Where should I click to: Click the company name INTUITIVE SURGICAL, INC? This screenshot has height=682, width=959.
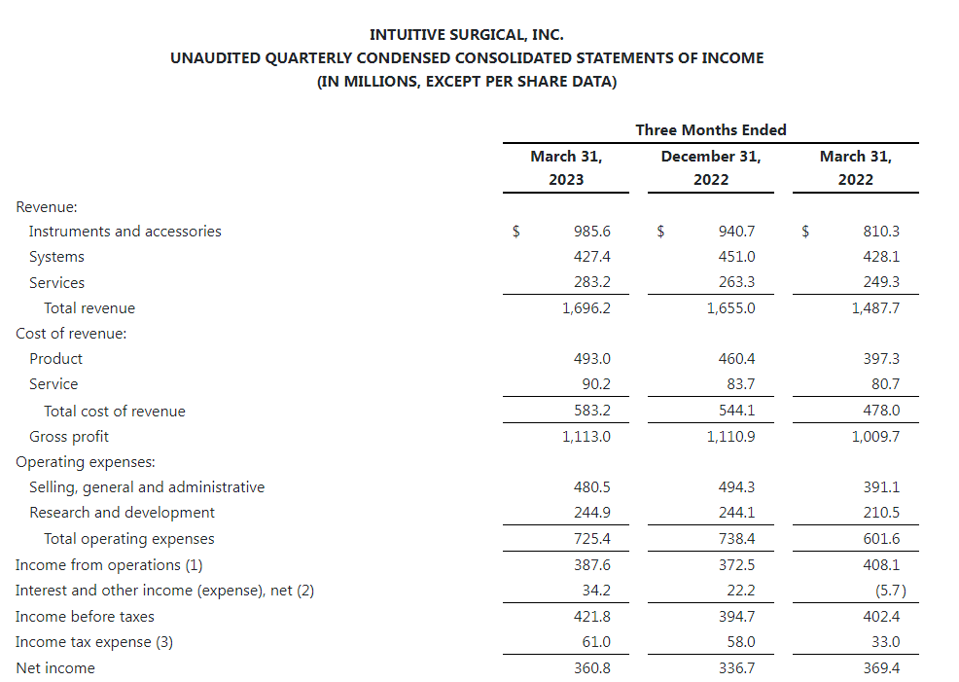pyautogui.click(x=467, y=35)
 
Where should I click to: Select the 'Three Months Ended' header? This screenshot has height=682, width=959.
pyautogui.click(x=710, y=129)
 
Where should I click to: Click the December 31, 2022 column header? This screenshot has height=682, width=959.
pyautogui.click(x=710, y=167)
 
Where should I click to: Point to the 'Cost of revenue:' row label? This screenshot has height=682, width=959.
pyautogui.click(x=71, y=334)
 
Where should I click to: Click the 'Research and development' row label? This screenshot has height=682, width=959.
pyautogui.click(x=122, y=513)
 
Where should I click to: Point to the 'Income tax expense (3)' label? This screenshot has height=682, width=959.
pyautogui.click(x=94, y=642)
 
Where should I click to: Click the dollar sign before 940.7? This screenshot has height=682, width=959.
pyautogui.click(x=660, y=232)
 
